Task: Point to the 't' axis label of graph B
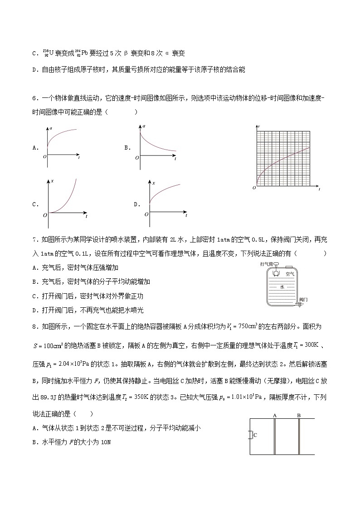175,159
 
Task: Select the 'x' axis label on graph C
53,181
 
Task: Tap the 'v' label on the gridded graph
258,125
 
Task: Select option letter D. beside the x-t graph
136,204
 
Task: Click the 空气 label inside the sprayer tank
290,274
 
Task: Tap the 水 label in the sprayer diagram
282,287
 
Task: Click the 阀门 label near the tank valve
304,300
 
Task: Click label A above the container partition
275,415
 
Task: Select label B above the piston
299,415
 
